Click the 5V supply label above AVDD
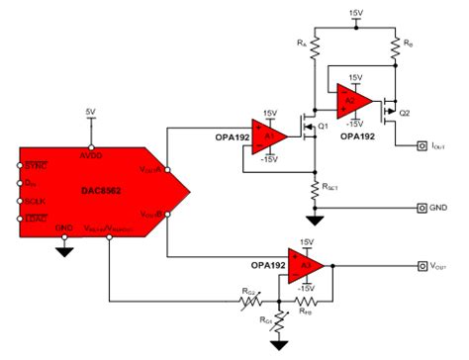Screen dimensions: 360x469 (91, 112)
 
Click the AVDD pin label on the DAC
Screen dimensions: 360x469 (91, 155)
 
